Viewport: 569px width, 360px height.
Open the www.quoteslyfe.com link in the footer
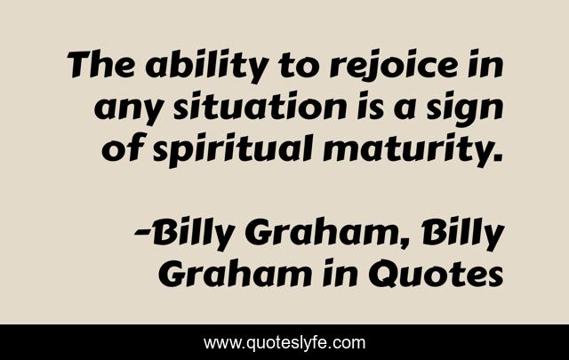284,342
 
